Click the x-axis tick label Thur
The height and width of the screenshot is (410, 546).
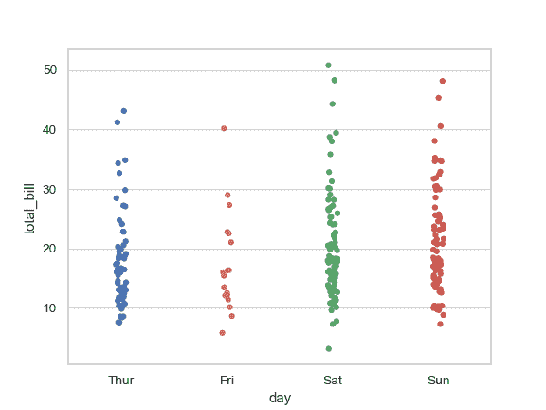click(120, 380)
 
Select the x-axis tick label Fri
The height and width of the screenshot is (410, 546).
click(227, 380)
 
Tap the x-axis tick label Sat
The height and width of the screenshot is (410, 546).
click(333, 380)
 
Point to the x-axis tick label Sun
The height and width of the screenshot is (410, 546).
click(438, 380)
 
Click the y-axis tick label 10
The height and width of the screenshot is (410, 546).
click(50, 308)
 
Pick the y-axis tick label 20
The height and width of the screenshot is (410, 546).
click(50, 249)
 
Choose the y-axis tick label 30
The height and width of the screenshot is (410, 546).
click(50, 189)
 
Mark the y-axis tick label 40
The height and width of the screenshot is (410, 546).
click(50, 130)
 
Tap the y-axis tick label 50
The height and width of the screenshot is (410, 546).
click(50, 70)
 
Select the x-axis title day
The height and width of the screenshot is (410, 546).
click(280, 399)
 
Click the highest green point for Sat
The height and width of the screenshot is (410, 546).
click(328, 65)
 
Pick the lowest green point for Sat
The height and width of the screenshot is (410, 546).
click(328, 349)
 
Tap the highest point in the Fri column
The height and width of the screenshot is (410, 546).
click(224, 128)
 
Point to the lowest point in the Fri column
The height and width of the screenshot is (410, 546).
click(222, 333)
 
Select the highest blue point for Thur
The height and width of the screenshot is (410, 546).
click(123, 111)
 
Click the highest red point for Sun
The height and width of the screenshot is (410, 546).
click(442, 82)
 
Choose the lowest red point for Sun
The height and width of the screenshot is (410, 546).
click(440, 324)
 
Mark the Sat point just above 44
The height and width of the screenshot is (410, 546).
click(332, 103)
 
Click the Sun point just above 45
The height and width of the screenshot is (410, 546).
click(438, 98)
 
